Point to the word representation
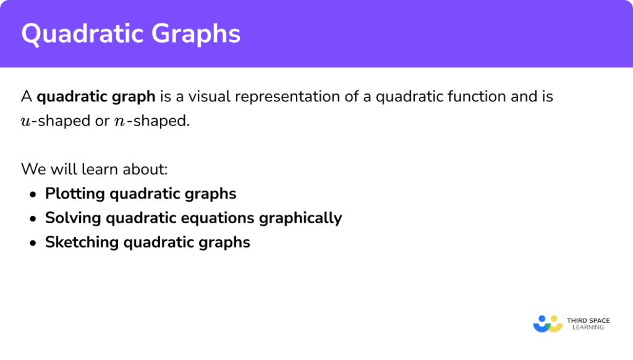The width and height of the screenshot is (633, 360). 287,97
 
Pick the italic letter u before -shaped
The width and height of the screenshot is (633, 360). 27,121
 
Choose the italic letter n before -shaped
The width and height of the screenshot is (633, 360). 119,121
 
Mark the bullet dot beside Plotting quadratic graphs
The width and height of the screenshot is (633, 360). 33,194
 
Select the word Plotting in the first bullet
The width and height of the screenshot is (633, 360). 75,194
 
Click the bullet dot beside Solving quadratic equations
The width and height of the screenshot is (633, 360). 33,218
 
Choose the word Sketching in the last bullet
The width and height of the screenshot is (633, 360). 82,242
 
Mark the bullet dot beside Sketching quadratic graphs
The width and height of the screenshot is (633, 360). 33,242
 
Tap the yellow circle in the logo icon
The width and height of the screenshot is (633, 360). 556,320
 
